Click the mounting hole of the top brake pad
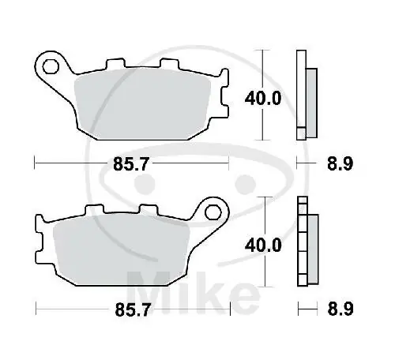(50, 65)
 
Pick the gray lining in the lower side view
(310, 246)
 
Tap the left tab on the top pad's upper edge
(116, 62)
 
